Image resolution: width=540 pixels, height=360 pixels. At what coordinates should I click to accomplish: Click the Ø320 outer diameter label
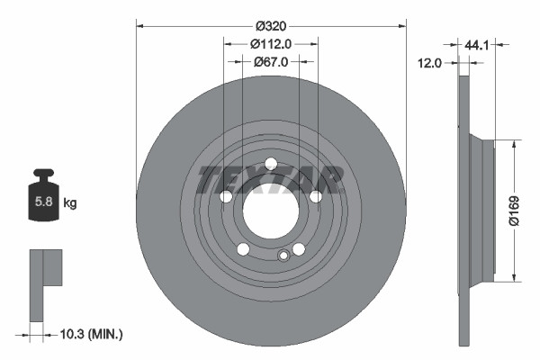[270, 25]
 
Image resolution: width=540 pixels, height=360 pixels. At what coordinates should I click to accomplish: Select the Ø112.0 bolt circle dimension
[270, 43]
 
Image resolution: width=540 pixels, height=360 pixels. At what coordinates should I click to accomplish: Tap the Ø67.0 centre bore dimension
[270, 62]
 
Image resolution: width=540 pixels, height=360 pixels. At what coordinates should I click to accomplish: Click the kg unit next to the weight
[69, 204]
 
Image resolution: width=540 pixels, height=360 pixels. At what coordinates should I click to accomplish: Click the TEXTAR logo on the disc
[270, 179]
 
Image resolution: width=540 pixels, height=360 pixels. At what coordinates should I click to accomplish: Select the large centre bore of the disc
[270, 211]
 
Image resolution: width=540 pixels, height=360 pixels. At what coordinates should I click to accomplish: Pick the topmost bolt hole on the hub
[270, 163]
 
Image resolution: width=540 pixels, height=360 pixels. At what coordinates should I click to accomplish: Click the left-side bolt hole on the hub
[226, 197]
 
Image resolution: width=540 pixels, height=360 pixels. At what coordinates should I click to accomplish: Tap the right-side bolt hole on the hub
[315, 197]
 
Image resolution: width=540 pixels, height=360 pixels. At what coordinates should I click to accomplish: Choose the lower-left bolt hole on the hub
[242, 249]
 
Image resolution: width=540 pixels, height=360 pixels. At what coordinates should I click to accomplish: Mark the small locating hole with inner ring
[283, 256]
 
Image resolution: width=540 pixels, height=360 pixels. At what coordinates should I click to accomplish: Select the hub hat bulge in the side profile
[483, 210]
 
